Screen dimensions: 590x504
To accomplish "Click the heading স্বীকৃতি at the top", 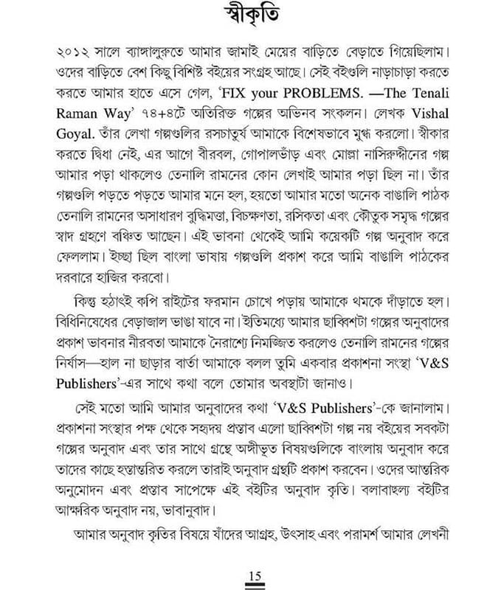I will point(252,16).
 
